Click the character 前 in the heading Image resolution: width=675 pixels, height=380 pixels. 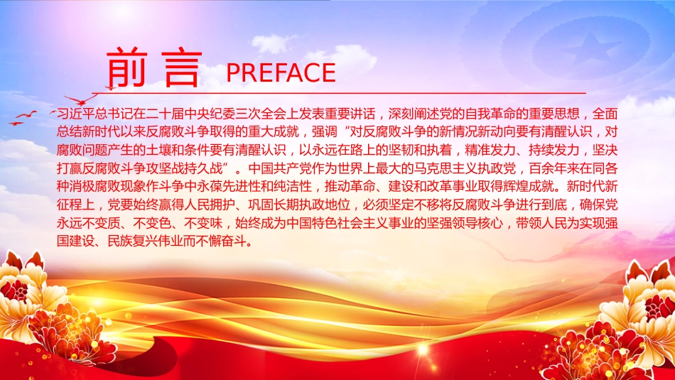(126, 67)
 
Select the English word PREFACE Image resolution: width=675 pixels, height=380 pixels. (281, 72)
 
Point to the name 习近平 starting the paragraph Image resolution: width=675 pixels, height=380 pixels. (76, 114)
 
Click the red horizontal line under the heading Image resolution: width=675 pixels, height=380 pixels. (339, 93)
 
